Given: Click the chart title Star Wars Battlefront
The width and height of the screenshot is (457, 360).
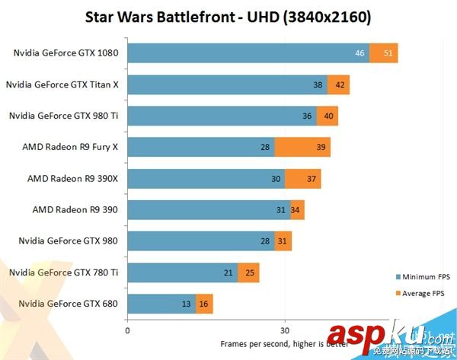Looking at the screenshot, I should tap(228, 16).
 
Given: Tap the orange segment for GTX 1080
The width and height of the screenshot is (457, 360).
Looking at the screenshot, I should tap(384, 53).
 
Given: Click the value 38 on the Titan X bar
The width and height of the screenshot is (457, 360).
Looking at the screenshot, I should tap(318, 84).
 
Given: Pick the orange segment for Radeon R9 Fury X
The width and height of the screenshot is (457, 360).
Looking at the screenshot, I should tap(302, 147).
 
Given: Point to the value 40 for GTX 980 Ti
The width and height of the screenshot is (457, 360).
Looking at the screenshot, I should tap(328, 116).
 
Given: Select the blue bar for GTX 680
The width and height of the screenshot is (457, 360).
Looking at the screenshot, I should tap(161, 304).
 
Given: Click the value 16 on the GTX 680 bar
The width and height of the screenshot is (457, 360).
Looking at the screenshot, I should tap(204, 304).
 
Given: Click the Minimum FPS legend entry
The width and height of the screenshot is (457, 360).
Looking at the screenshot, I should tap(420, 276).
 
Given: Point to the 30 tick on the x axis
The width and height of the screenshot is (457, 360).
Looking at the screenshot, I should tap(284, 331).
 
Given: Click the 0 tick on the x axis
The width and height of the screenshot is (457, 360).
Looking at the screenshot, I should tap(127, 331).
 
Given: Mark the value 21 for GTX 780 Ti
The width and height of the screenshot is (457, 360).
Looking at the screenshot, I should tap(228, 272).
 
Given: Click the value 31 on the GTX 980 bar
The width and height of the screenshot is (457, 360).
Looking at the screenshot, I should tap(283, 241).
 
